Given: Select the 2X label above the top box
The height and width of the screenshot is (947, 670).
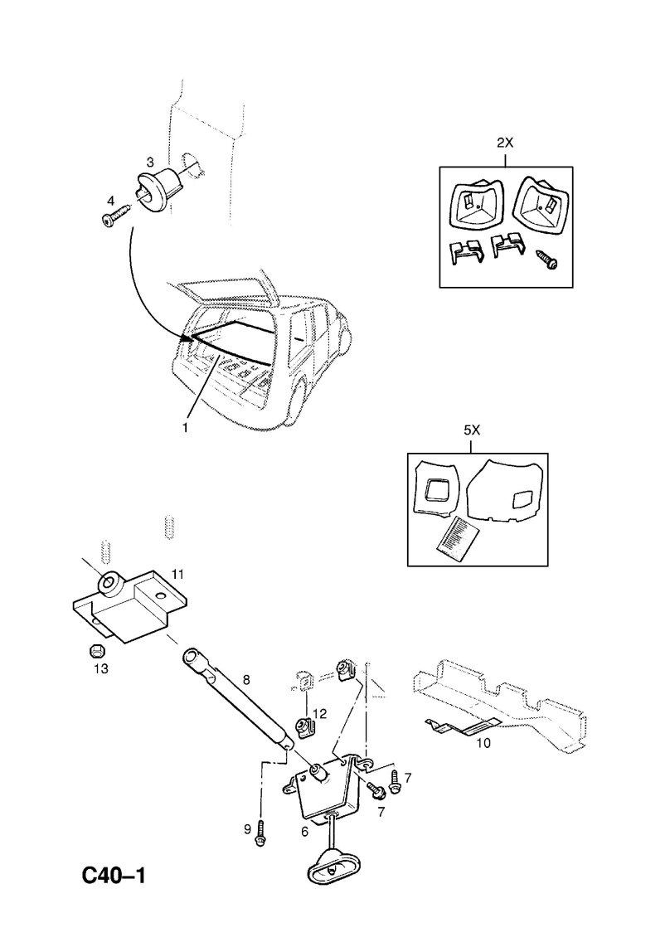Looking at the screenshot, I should coord(505,143).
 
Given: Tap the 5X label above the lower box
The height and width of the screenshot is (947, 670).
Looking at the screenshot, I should coord(470,430).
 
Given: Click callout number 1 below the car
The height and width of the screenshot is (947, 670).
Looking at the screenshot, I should coord(185,428).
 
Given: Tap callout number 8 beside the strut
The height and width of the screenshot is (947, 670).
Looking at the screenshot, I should coord(245,679).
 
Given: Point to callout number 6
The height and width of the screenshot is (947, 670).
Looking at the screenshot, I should coord(304,829).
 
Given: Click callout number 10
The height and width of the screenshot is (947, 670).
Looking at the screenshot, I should coord(483,742).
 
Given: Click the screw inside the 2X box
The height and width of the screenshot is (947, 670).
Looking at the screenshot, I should coord(548,260).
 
